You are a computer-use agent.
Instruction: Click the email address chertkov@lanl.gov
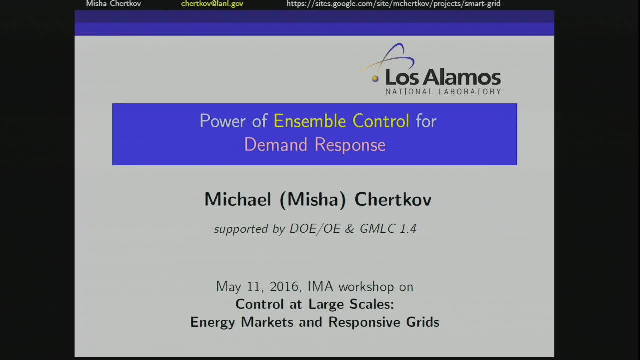pyautogui.click(x=212, y=4)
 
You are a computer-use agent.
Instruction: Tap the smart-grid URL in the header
pyautogui.click(x=393, y=4)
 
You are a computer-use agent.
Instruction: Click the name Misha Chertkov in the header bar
pyautogui.click(x=113, y=4)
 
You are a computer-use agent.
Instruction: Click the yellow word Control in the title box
pyautogui.click(x=381, y=121)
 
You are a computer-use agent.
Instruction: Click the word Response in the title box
pyautogui.click(x=350, y=145)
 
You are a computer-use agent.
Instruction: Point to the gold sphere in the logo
pyautogui.click(x=375, y=78)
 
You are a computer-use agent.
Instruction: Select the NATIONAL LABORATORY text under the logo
pyautogui.click(x=443, y=92)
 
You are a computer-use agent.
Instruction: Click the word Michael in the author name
pyautogui.click(x=238, y=199)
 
